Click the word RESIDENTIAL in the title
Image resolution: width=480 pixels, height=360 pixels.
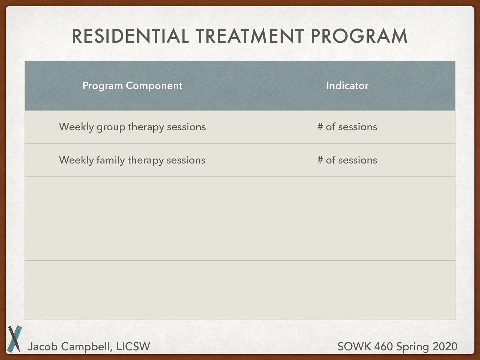(x=130, y=36)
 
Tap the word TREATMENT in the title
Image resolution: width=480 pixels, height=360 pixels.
(x=250, y=36)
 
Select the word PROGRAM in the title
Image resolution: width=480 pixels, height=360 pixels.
(x=359, y=36)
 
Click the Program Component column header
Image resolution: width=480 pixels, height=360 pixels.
(x=132, y=86)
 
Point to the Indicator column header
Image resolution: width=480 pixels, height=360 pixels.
(x=347, y=86)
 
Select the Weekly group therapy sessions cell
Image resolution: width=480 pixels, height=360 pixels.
(x=132, y=127)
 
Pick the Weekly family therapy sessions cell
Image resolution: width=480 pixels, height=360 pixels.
(x=132, y=160)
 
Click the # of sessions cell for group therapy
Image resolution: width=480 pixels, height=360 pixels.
(x=347, y=127)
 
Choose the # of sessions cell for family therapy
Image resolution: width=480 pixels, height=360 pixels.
(x=347, y=160)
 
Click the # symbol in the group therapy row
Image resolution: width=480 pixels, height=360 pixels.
(x=320, y=127)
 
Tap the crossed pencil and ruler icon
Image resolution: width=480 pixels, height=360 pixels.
(x=14, y=338)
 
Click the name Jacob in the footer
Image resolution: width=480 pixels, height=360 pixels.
(x=42, y=347)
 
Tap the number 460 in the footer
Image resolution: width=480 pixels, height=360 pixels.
(x=383, y=347)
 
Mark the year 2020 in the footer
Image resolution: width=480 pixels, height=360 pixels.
(x=445, y=347)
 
